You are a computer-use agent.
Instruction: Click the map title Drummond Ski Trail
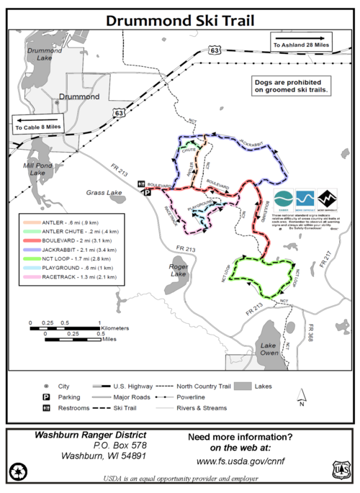click(179, 20)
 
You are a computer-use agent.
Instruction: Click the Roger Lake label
click(177, 270)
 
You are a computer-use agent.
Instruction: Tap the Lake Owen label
click(269, 350)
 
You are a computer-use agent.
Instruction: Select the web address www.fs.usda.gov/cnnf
click(240, 460)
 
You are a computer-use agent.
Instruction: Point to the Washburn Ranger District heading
click(90, 435)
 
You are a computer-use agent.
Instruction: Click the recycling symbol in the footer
click(17, 471)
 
